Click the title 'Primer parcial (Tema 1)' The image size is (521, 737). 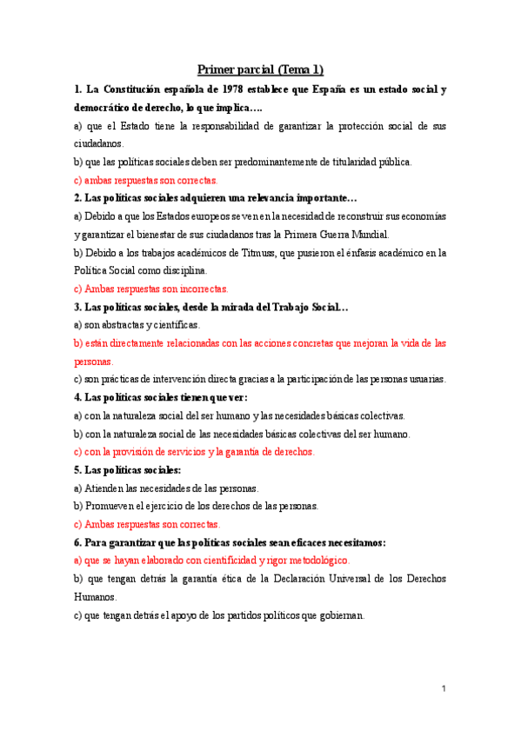pyautogui.click(x=260, y=70)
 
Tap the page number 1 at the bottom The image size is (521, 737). pyautogui.click(x=443, y=689)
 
